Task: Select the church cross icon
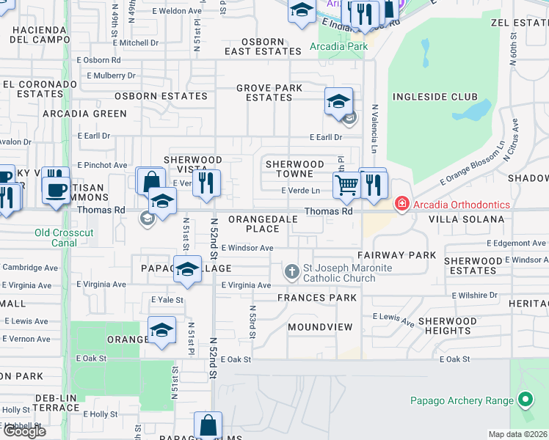tap(292, 273)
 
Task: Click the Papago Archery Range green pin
tap(525, 400)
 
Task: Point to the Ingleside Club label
tap(435, 97)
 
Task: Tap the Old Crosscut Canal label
tap(64, 238)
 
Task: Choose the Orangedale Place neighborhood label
tap(263, 224)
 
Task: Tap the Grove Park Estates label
tap(269, 93)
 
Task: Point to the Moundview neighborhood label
tap(320, 326)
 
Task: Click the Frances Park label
tap(317, 298)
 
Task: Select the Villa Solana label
tap(466, 219)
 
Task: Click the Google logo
tap(24, 431)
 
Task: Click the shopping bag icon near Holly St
tap(208, 425)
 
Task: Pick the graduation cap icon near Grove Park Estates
tap(339, 101)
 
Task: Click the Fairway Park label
tap(396, 255)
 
